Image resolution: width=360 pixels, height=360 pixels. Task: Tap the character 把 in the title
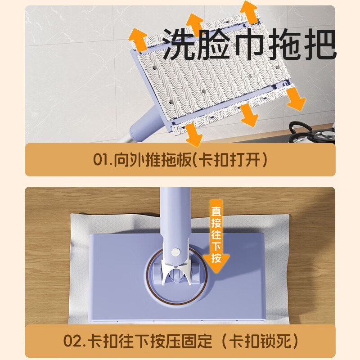(x=320, y=44)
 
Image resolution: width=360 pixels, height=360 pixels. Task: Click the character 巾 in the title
(x=250, y=44)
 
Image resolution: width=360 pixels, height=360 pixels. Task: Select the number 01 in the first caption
(x=100, y=159)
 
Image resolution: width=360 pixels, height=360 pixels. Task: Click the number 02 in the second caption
(x=72, y=341)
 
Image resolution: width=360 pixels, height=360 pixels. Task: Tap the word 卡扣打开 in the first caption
(x=229, y=159)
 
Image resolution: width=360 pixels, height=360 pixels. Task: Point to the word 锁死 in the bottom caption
(x=277, y=341)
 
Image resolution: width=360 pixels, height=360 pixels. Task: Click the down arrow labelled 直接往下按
(x=216, y=237)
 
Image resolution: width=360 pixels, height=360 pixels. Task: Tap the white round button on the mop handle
(x=175, y=252)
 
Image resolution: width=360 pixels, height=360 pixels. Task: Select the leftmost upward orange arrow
(x=138, y=40)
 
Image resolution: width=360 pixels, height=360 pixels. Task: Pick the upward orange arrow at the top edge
(x=249, y=12)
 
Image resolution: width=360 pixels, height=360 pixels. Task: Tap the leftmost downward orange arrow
(x=193, y=135)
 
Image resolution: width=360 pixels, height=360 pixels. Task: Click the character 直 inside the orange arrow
(x=216, y=211)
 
